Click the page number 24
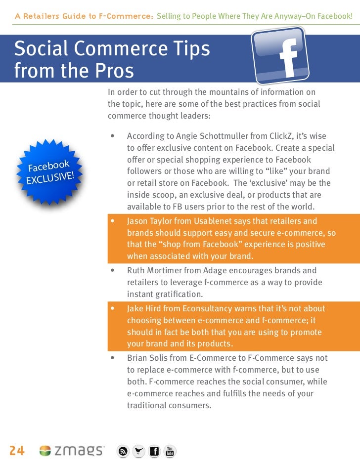(16, 450)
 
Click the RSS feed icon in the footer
(123, 451)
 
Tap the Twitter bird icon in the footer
(138, 451)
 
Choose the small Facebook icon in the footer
(154, 451)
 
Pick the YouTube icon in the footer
(170, 451)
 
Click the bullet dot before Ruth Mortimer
(113, 271)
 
